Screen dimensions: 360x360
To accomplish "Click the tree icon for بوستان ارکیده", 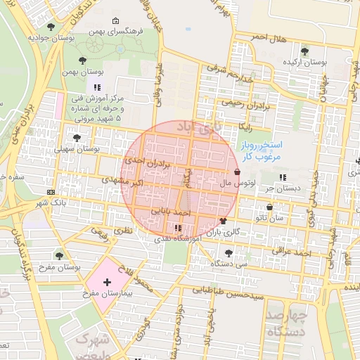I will point(304,51).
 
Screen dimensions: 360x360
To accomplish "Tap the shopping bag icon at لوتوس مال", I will point(237,172).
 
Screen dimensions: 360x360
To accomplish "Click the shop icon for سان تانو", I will point(270,207).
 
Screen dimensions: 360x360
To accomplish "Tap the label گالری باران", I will point(227,231).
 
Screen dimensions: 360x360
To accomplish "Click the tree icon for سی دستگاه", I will point(227,252).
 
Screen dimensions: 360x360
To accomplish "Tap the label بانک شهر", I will point(51,203).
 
